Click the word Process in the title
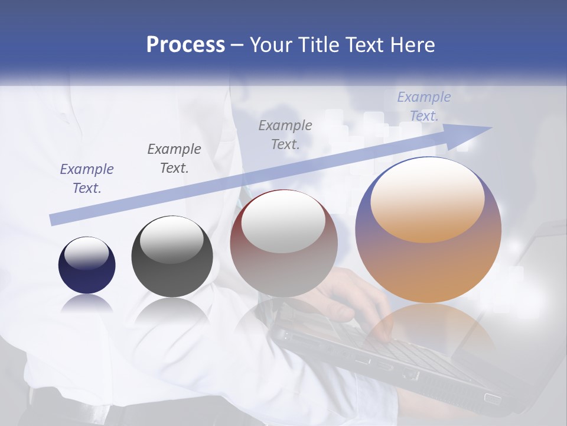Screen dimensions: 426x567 [185, 45]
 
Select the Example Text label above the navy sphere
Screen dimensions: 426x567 [87, 179]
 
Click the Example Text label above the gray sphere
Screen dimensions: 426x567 [174, 159]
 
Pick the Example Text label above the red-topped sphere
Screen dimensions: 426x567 [285, 134]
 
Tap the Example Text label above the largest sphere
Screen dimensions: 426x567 [423, 106]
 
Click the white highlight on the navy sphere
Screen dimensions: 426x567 [86, 253]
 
